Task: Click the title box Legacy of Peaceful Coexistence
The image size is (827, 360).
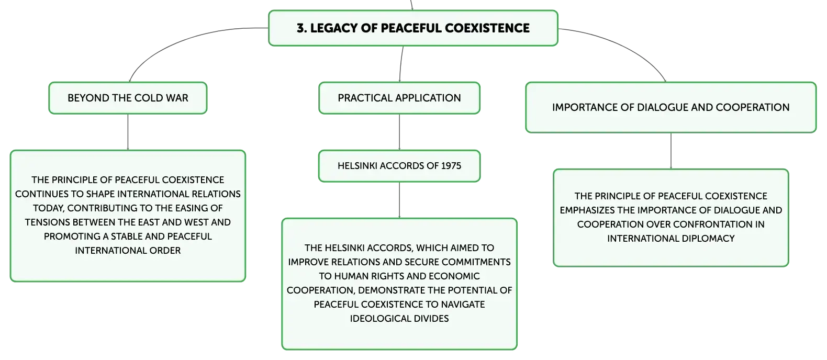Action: [x=413, y=28]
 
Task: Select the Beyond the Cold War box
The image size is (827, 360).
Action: [x=128, y=98]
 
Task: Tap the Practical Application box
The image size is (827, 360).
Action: [x=399, y=98]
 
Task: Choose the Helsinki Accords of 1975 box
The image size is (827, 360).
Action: [x=399, y=166]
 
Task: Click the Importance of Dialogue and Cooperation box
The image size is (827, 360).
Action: [x=671, y=107]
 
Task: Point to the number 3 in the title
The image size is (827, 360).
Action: [x=301, y=28]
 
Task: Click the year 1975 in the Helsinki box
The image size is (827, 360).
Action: [x=451, y=166]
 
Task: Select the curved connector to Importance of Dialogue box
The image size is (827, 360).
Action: [x=624, y=46]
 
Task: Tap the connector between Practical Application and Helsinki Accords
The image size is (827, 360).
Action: [x=399, y=132]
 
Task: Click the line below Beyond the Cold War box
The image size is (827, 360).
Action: [x=128, y=132]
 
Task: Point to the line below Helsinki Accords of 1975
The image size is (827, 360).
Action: [x=399, y=200]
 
